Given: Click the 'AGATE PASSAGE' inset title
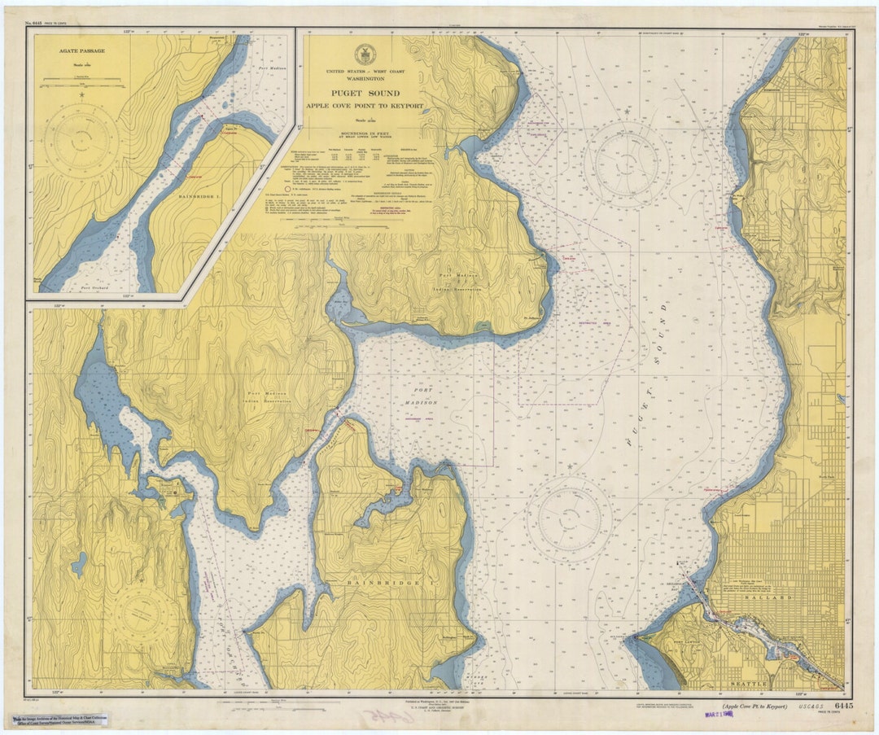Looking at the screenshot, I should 81,50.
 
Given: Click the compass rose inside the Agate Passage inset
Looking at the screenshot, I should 81,141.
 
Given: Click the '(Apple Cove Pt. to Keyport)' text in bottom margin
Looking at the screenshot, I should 754,707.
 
